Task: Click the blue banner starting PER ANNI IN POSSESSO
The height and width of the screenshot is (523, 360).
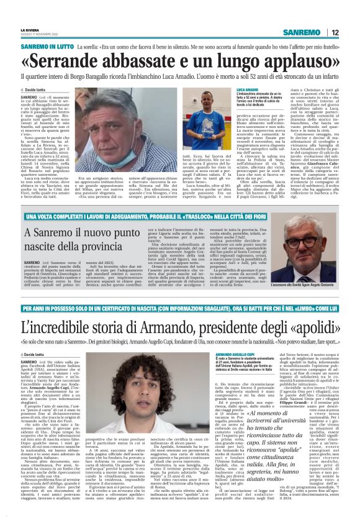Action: (x=179, y=309)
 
